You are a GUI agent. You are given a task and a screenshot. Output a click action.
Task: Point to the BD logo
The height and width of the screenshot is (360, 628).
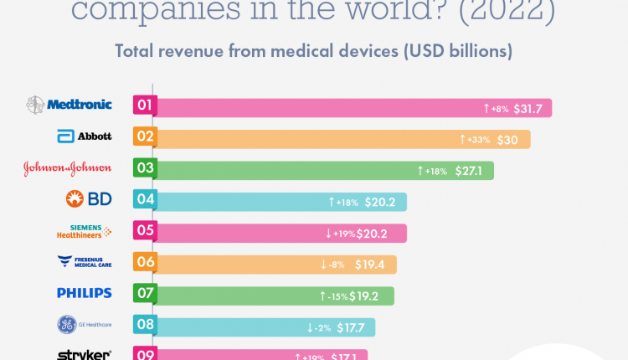88,200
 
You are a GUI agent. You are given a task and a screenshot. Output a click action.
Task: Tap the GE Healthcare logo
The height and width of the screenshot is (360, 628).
84,325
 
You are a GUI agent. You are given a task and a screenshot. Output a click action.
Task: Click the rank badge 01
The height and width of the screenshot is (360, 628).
144,106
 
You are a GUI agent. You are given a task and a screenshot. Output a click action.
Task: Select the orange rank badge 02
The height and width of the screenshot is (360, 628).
144,137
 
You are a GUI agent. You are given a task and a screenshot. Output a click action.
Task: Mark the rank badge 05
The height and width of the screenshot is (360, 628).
144,231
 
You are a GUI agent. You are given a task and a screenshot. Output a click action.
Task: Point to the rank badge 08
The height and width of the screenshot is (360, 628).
144,325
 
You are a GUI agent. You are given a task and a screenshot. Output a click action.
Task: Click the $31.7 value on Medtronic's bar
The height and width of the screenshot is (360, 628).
528,108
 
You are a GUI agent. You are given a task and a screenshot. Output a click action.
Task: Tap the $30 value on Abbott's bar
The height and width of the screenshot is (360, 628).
507,139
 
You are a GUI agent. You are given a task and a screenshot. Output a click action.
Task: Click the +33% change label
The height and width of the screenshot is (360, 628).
477,140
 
